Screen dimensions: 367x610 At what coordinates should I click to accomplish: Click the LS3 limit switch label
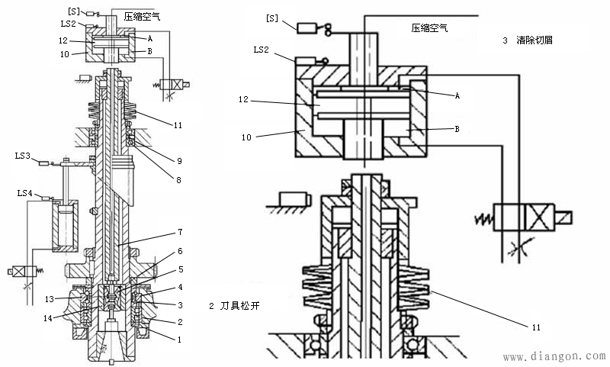(23, 156)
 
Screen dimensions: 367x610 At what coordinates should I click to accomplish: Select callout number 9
(179, 161)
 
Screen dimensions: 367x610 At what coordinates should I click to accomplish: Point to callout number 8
(179, 179)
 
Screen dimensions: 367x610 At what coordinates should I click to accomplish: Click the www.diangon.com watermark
(554, 356)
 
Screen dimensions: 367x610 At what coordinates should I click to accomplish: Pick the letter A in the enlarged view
(457, 96)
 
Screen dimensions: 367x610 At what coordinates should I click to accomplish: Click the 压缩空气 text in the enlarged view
(429, 28)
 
